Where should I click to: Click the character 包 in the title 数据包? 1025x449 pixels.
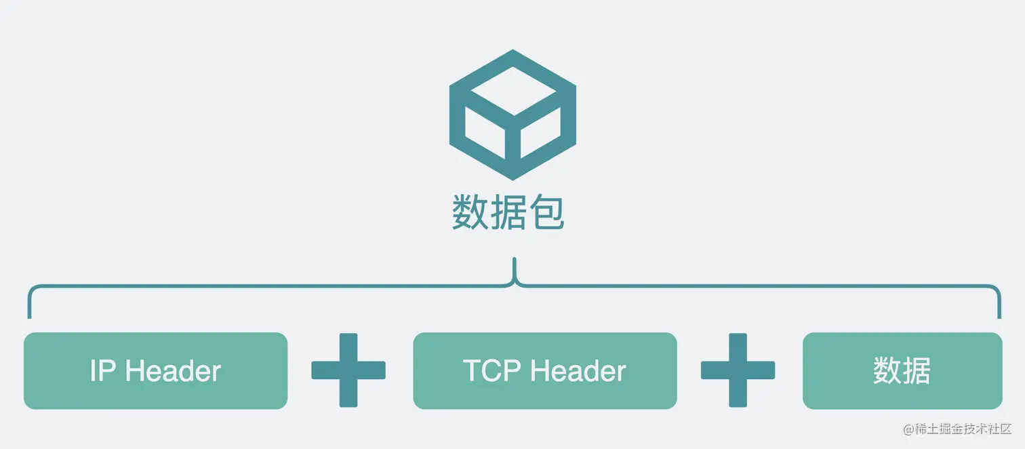(546, 212)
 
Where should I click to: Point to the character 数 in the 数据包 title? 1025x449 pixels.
(470, 212)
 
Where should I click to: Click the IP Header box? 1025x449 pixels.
(155, 370)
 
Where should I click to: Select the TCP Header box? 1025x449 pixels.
(544, 370)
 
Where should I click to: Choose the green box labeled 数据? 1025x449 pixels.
(902, 370)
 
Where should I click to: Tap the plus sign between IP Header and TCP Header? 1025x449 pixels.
(348, 370)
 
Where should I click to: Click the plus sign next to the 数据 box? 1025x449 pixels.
(738, 370)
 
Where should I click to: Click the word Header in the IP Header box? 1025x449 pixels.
(174, 371)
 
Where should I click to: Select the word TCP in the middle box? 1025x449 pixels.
(491, 371)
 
